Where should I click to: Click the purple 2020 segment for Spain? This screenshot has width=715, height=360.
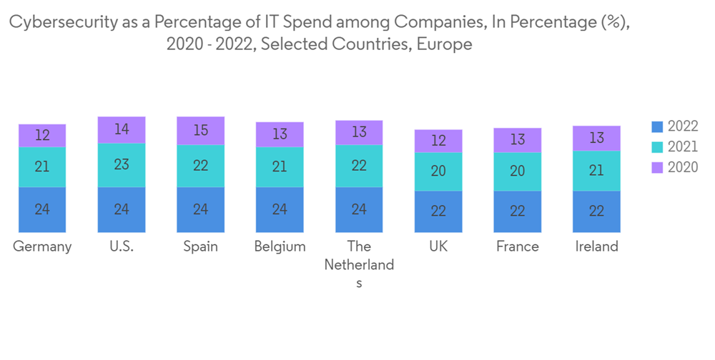coord(201,131)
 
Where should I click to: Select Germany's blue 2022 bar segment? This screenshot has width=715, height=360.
coord(42,209)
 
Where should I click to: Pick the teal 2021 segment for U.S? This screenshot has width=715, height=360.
coord(122,164)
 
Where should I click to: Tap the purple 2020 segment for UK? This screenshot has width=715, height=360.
coord(438,141)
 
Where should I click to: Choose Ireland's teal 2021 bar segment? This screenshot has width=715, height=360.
coord(596,171)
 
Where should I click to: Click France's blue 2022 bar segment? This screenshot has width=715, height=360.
coord(518,211)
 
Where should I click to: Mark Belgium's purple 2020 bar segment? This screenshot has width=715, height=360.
coord(280,134)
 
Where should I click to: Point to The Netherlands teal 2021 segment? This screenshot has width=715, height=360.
coord(359,166)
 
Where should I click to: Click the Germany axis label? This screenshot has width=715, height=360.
coord(42,246)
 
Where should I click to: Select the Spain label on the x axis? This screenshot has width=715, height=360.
coord(201,246)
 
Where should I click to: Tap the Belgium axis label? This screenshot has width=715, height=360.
coord(280,246)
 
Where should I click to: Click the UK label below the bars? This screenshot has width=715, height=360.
coord(438,246)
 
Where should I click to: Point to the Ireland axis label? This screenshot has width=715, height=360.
coord(596,246)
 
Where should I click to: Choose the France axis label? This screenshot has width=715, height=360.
coord(518,246)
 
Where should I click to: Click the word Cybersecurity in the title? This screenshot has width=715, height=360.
coord(61,23)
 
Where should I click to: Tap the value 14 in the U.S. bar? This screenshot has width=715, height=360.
coord(122,129)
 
